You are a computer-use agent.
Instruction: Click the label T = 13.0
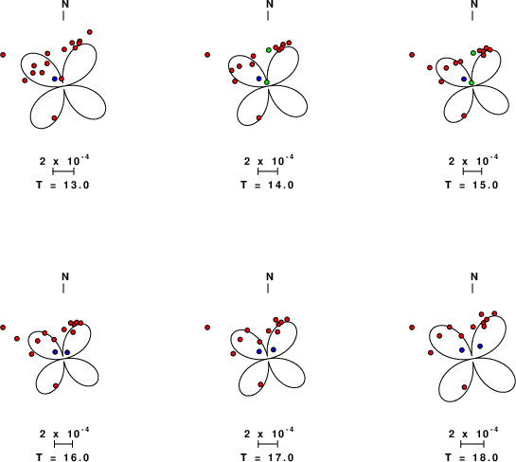click(62, 185)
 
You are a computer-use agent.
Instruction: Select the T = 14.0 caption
click(267, 185)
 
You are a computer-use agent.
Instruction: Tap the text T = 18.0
click(472, 457)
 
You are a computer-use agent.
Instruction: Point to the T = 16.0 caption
click(62, 457)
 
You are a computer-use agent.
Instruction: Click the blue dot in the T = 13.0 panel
click(55, 79)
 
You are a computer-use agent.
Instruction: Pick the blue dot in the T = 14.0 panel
click(259, 79)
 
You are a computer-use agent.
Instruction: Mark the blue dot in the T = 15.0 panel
click(464, 79)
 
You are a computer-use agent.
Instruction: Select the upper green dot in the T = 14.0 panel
click(269, 50)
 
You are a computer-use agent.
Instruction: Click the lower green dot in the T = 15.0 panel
click(472, 82)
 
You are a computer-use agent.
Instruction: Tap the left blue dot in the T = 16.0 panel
click(55, 352)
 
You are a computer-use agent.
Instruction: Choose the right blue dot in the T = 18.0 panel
click(480, 346)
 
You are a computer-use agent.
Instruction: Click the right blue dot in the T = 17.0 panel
click(274, 349)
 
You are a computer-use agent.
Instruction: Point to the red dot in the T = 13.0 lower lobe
click(55, 117)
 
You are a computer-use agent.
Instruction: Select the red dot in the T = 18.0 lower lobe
click(464, 387)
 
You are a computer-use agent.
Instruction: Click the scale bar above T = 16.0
click(63, 444)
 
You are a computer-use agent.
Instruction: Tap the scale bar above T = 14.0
click(268, 171)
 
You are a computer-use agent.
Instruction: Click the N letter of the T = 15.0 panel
click(474, 4)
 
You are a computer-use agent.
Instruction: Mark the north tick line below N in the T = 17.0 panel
click(268, 288)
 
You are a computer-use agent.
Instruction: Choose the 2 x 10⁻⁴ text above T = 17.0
click(269, 434)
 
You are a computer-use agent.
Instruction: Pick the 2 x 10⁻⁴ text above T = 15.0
click(473, 161)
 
